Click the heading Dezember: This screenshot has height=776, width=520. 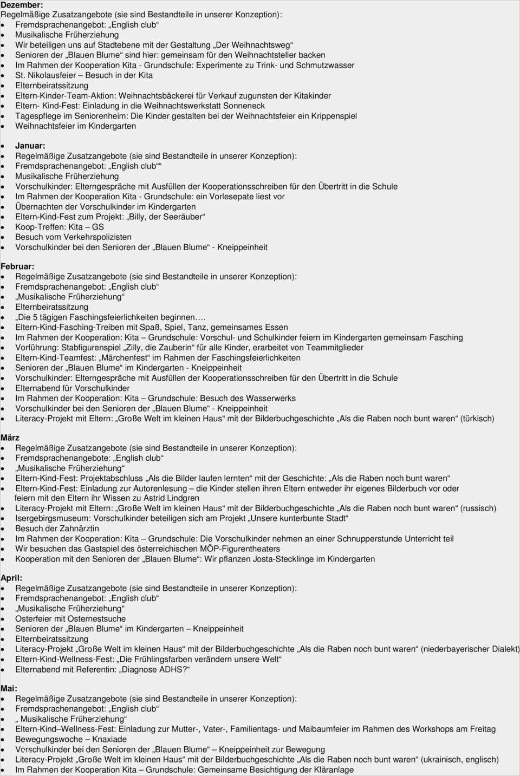click(22, 5)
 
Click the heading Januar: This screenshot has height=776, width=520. click(30, 146)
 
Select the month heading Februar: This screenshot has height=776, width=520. click(17, 266)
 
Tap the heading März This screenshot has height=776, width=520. click(10, 438)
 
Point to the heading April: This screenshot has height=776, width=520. click(11, 578)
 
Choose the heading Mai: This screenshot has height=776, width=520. click(9, 688)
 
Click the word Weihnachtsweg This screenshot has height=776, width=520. click(261, 45)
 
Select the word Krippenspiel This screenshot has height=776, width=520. click(334, 116)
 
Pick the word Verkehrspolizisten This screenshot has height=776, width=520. click(97, 237)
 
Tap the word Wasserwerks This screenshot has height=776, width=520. click(271, 398)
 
